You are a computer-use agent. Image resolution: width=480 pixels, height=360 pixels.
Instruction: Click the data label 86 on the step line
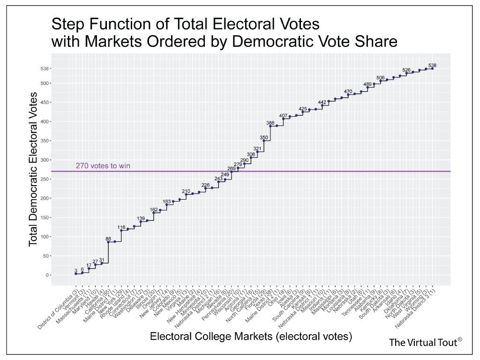[x=108, y=239]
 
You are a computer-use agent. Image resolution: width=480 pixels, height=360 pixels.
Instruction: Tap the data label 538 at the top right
[x=432, y=65]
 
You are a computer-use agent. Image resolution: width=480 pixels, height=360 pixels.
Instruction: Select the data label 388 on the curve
[x=270, y=123]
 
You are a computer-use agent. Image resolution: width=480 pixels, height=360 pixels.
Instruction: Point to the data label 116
[x=121, y=227]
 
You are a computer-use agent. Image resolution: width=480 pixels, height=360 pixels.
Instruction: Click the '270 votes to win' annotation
[x=103, y=165]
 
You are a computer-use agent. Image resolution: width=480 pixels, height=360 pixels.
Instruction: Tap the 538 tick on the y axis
[x=45, y=69]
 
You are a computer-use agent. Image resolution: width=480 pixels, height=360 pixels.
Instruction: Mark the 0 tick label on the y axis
[x=47, y=275]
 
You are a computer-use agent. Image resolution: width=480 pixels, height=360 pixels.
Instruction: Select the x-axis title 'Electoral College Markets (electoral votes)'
[x=251, y=336]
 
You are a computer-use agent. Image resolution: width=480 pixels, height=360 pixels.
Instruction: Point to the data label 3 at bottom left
[x=75, y=270]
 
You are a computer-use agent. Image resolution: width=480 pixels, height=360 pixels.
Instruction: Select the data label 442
[x=322, y=102]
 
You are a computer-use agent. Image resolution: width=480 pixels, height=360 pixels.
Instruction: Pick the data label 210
[x=186, y=191]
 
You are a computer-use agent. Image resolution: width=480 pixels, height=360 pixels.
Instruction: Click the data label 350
[x=264, y=137]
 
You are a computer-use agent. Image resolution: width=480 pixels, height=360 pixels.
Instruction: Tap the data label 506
[x=380, y=77]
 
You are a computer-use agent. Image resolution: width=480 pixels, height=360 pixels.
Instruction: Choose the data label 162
[x=154, y=210]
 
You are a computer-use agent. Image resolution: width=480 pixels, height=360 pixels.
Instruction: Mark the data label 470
[x=348, y=91]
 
